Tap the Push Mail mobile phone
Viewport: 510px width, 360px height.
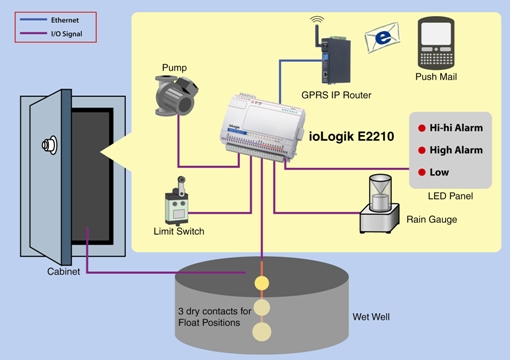tap(441, 41)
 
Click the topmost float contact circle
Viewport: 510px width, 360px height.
tap(262, 284)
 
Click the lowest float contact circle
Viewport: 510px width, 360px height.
tap(262, 331)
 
